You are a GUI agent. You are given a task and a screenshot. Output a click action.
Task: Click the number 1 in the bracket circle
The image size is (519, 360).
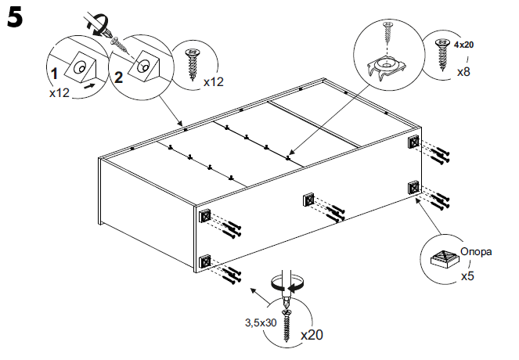pyautogui.click(x=54, y=74)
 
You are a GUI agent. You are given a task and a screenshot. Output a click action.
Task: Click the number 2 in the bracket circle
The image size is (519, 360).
pyautogui.click(x=119, y=76)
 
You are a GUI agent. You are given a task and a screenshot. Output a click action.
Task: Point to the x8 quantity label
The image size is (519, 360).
pyautogui.click(x=464, y=71)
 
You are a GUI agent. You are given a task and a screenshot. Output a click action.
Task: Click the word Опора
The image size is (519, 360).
pyautogui.click(x=475, y=252)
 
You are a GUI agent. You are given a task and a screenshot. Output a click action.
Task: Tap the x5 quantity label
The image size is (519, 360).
pyautogui.click(x=468, y=275)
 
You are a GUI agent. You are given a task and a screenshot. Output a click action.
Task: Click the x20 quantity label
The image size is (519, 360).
pyautogui.click(x=311, y=334)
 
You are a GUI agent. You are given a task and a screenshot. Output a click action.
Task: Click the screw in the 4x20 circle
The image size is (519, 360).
pyautogui.click(x=442, y=57)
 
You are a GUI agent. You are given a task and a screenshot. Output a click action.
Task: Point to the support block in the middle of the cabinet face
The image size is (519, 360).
pyautogui.click(x=309, y=200)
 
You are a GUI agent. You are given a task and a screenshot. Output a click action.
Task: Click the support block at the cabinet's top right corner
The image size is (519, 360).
pyautogui.click(x=413, y=143)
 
